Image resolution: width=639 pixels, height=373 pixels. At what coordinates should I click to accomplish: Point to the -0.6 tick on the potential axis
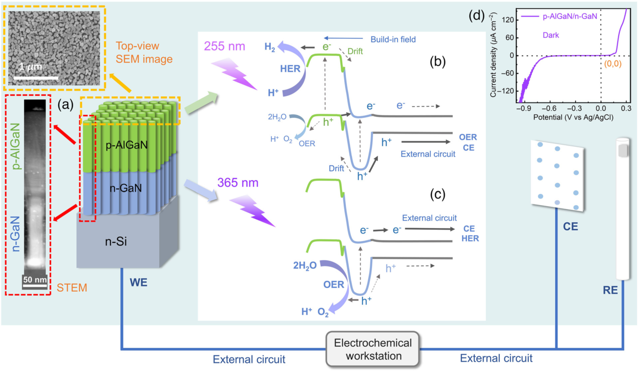[x=548, y=109]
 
